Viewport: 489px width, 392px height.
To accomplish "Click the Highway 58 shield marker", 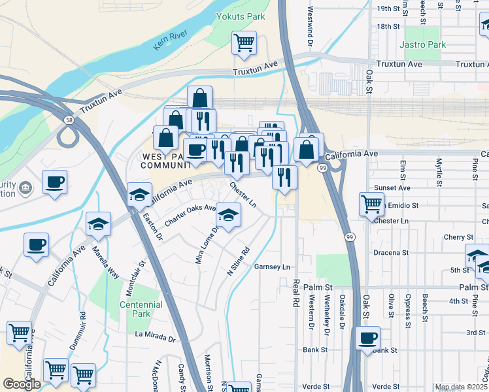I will pos(69,120).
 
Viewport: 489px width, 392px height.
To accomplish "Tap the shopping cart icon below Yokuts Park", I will pos(244,43).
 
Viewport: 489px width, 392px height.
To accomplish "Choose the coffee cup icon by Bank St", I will pos(368,338).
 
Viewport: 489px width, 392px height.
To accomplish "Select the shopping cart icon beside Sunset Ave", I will pos(371,204).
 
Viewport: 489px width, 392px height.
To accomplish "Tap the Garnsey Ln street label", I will pos(272,267).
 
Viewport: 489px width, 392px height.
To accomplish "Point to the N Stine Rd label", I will pos(238,260).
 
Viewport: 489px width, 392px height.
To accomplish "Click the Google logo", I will pos(22,384).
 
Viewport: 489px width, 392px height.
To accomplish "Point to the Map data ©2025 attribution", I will pos(461,387).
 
